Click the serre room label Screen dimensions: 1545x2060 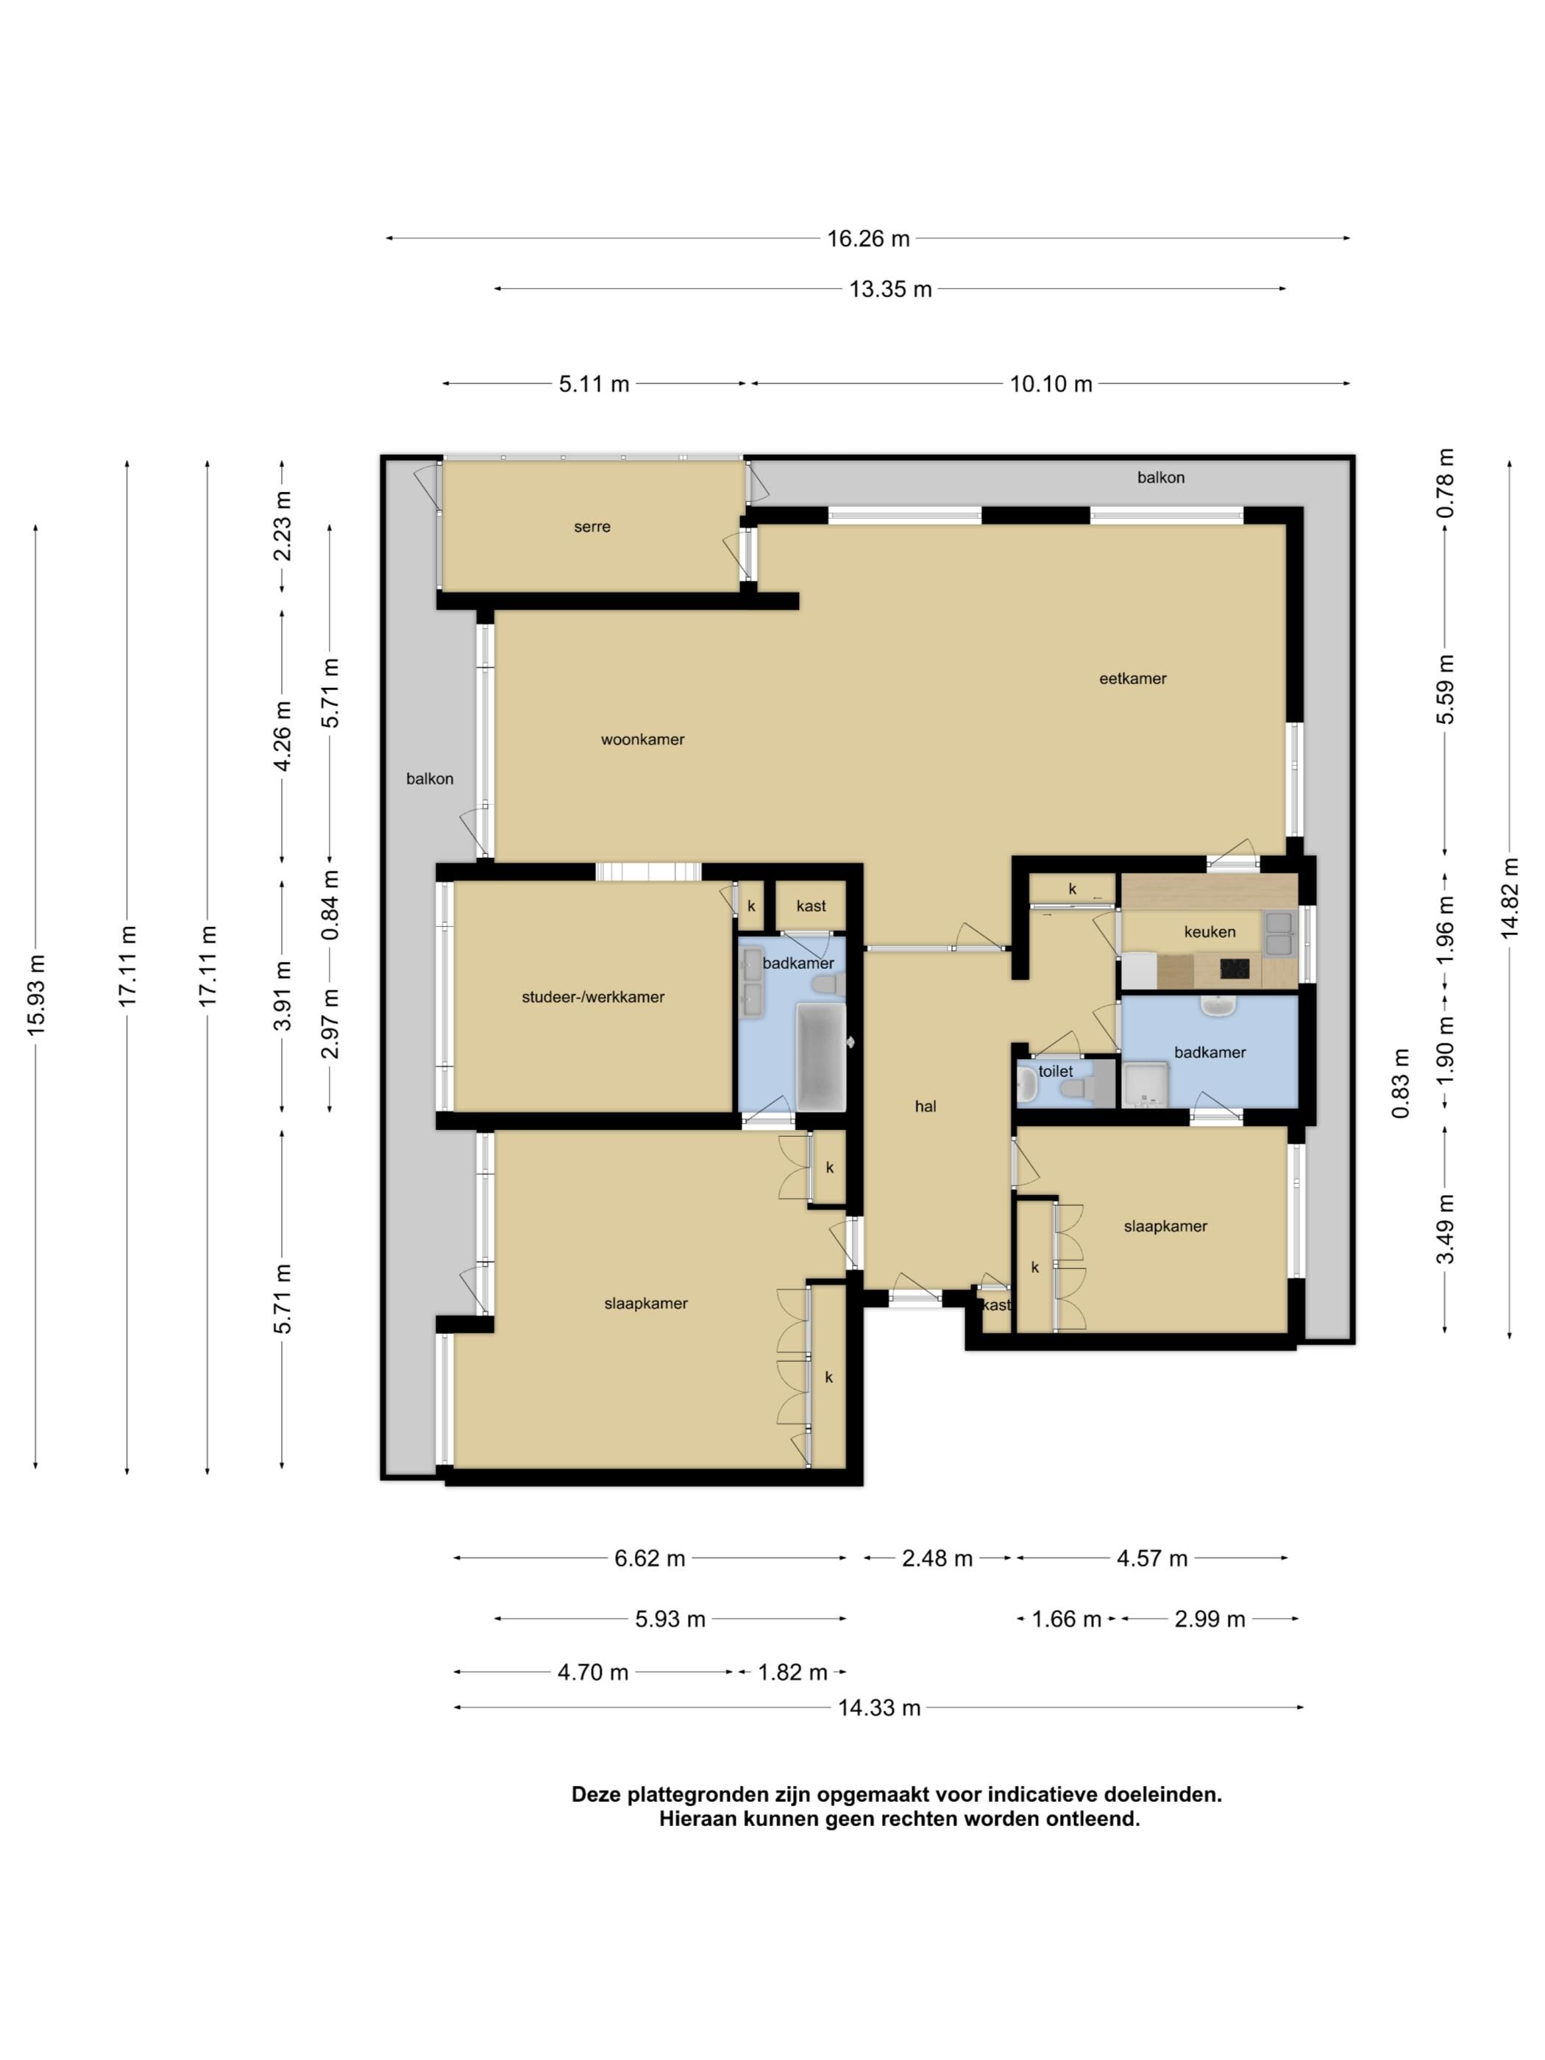click(592, 527)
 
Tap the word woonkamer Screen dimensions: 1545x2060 click(642, 739)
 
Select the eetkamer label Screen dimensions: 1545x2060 click(1132, 678)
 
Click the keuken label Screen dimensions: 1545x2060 click(1210, 931)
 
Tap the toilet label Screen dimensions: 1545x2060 click(1056, 1071)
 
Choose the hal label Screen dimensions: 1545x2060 click(925, 1107)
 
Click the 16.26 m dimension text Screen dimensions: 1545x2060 click(868, 238)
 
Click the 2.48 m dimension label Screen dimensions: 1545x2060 click(937, 1558)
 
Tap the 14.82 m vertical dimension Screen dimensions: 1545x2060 click(1510, 899)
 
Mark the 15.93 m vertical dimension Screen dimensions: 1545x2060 click(35, 995)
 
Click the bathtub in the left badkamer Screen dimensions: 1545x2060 click(820, 1057)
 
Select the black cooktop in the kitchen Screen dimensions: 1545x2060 click(1234, 970)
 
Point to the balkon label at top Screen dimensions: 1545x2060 click(1160, 477)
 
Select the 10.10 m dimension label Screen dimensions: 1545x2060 click(1051, 384)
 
